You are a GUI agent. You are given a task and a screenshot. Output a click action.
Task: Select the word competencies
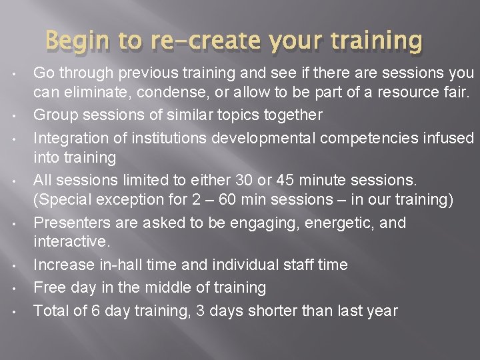coord(359,137)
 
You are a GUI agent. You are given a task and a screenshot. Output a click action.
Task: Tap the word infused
coord(449,137)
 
